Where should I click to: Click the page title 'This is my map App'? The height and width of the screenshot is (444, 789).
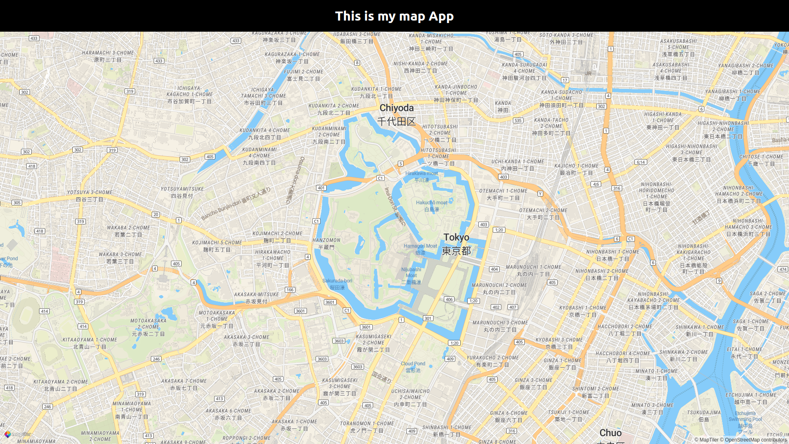(394, 16)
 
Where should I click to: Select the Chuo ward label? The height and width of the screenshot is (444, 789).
(611, 433)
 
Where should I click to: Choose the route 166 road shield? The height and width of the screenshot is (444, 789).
(290, 290)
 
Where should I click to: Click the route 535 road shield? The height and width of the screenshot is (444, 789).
(518, 120)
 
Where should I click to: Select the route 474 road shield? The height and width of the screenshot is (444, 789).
(782, 270)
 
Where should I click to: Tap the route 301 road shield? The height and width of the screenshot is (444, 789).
(428, 318)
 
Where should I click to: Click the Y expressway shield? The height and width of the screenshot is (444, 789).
(540, 194)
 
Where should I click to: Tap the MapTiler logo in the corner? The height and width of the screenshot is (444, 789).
(17, 434)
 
